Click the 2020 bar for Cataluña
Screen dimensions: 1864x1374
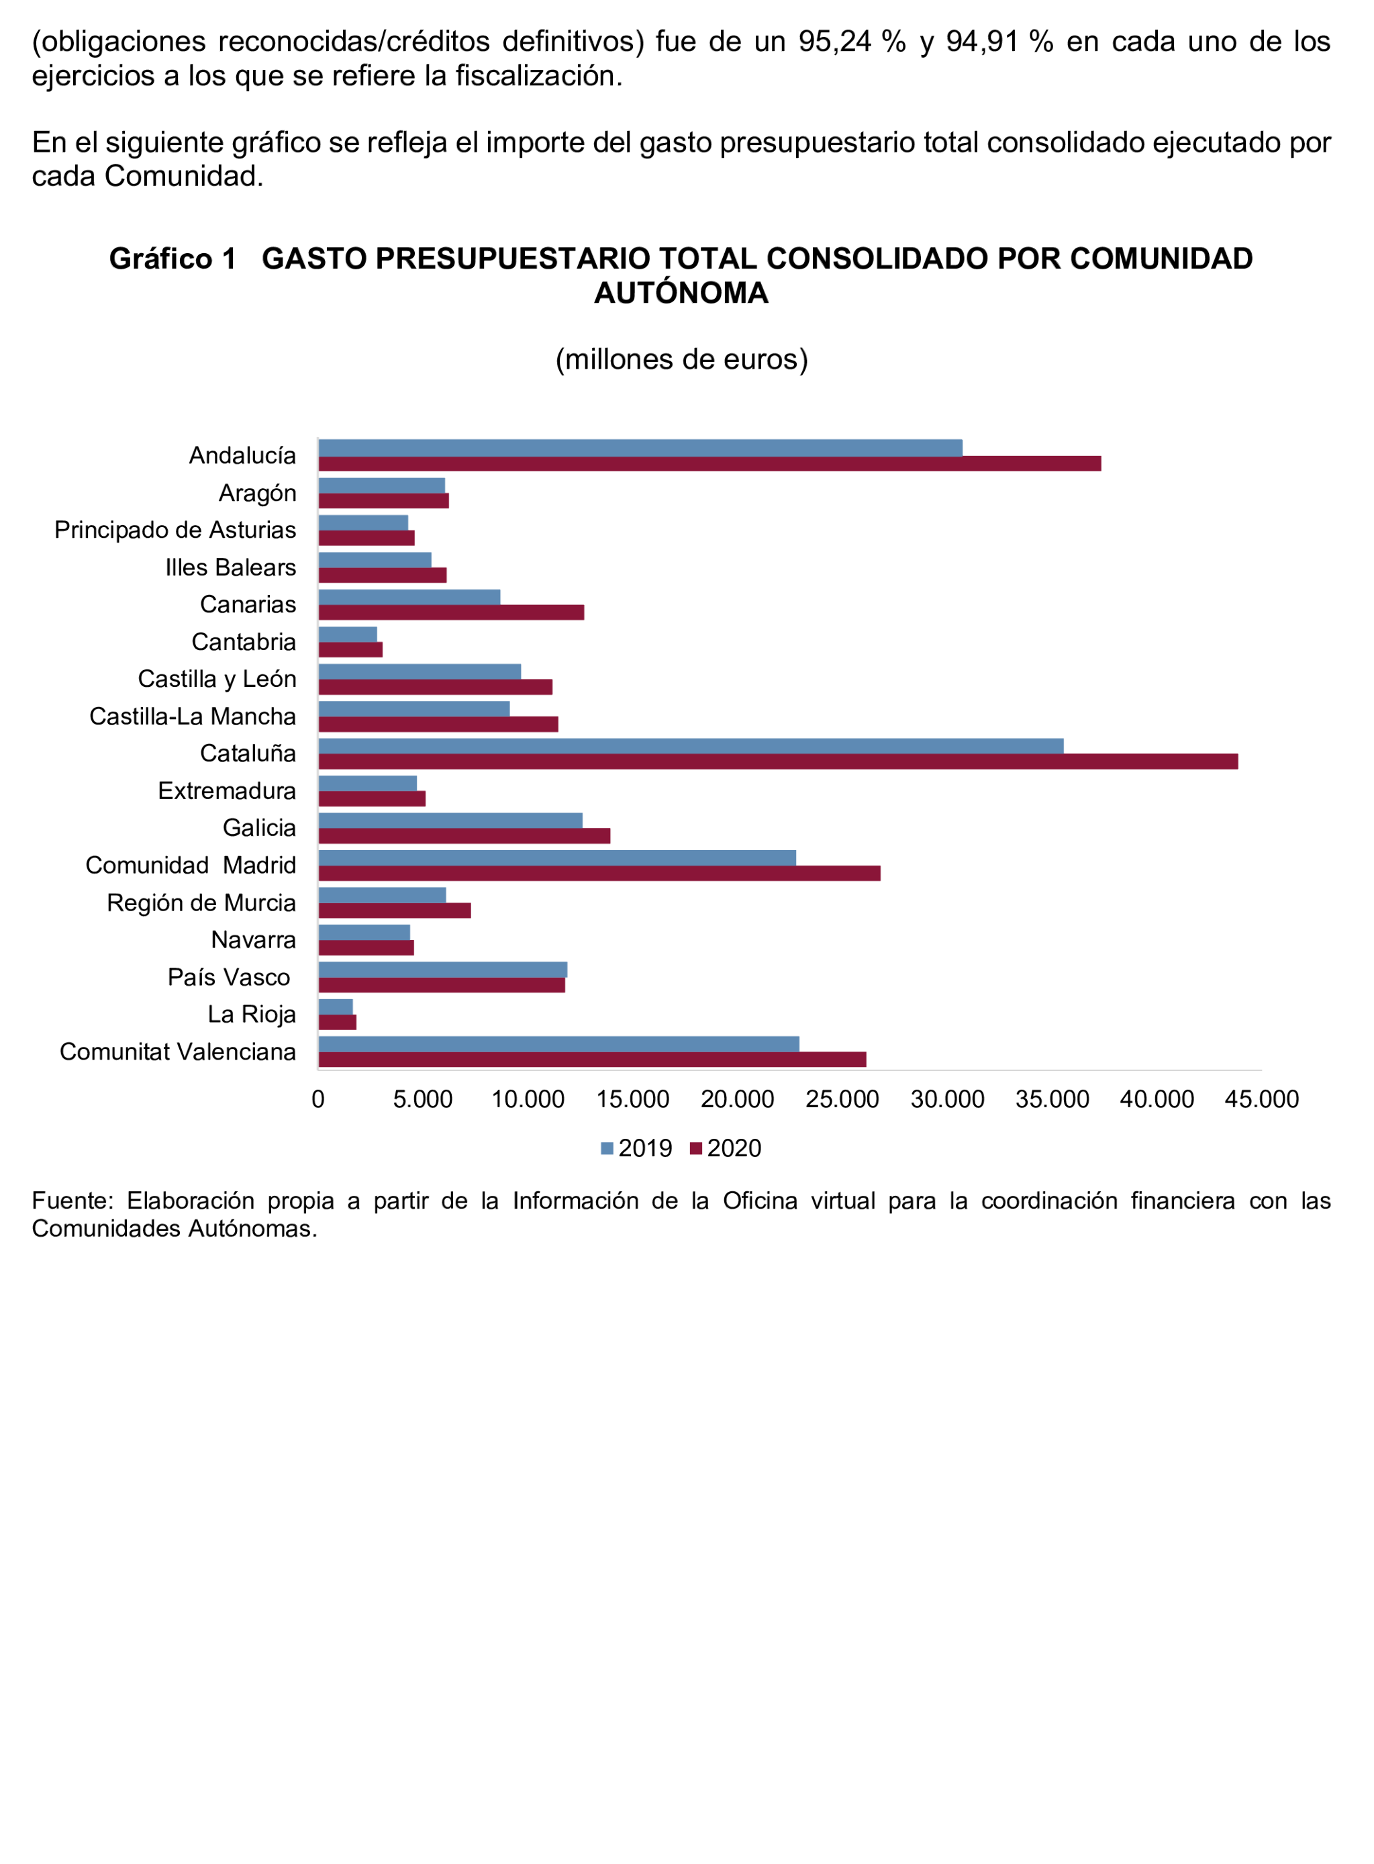click(778, 761)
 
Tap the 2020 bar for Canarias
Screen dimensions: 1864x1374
click(451, 612)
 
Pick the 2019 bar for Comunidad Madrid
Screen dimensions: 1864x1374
click(557, 857)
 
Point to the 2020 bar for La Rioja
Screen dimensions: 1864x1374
click(337, 1022)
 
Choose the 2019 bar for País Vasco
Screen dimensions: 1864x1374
click(442, 969)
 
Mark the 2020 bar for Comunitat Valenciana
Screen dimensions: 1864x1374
click(592, 1059)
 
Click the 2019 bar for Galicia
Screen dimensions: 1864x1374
click(450, 820)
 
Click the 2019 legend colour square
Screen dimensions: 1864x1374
click(607, 1149)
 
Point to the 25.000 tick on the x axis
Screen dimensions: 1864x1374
click(842, 1100)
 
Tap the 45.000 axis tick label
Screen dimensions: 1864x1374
click(1261, 1100)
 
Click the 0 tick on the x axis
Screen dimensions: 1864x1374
click(317, 1100)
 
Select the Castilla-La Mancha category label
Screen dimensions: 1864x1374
click(192, 716)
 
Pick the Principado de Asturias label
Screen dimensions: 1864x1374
click(175, 530)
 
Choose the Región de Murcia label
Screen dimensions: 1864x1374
click(201, 902)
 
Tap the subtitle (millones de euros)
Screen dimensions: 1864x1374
click(681, 359)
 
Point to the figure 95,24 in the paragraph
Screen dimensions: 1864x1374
click(834, 42)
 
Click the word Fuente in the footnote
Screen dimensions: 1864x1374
click(72, 1200)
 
